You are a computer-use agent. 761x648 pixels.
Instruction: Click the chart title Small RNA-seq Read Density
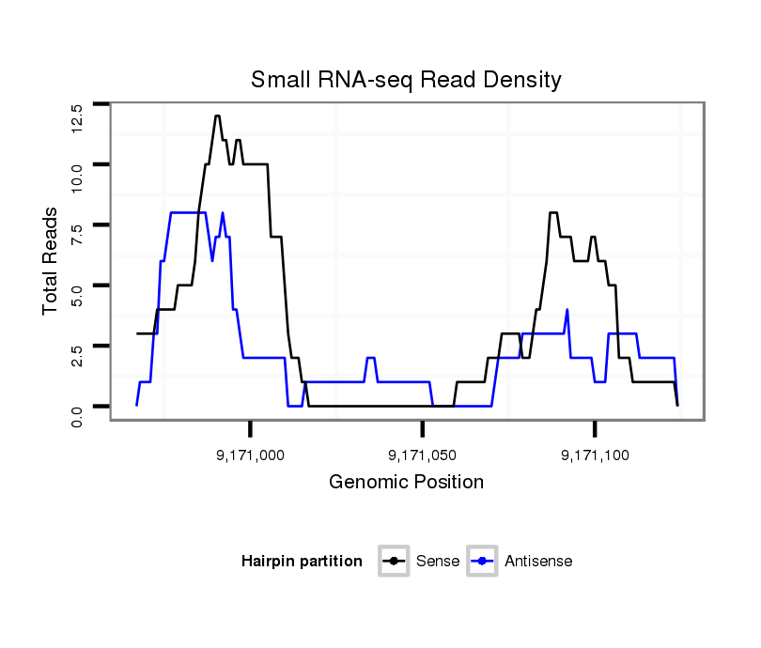(x=406, y=80)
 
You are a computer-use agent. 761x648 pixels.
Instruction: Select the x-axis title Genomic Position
(x=406, y=483)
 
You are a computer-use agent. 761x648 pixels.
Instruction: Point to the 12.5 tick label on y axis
(x=77, y=118)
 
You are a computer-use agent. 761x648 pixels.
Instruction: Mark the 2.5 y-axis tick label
(x=77, y=357)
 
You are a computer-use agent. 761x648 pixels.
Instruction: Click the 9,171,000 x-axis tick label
(x=251, y=455)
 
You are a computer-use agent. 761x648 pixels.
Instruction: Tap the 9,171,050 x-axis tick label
(x=423, y=455)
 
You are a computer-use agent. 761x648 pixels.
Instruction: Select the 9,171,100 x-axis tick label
(x=595, y=455)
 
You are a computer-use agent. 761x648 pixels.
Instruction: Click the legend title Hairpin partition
(x=302, y=562)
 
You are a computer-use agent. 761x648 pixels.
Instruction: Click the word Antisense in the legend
(x=538, y=562)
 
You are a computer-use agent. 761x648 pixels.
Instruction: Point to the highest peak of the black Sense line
(x=217, y=116)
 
